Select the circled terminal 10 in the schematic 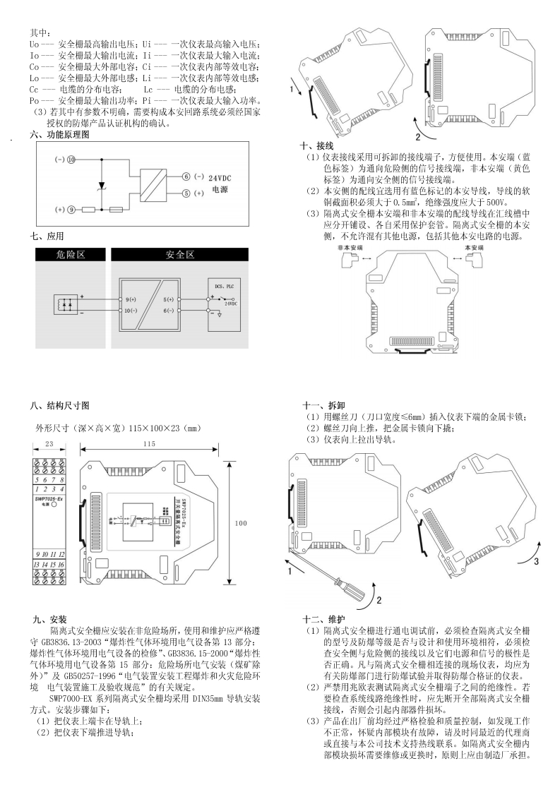71,160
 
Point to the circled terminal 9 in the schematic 71,210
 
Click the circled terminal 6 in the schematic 186,176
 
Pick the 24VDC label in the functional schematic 221,179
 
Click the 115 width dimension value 148,443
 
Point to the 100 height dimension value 242,524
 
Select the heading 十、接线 316,145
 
